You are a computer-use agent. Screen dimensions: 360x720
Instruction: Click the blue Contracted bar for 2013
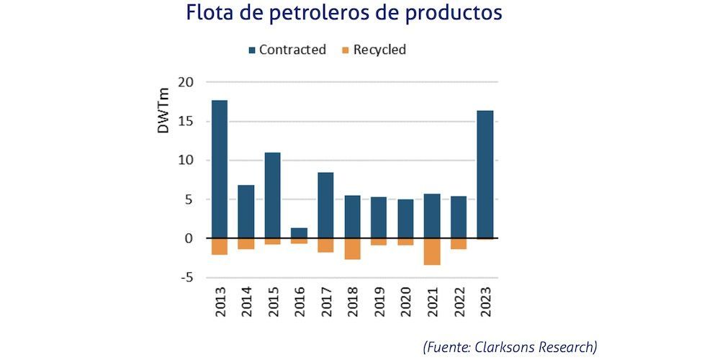tap(219, 169)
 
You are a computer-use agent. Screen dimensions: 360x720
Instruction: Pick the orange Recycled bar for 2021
tap(431, 251)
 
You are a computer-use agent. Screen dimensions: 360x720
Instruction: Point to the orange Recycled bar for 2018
tap(352, 248)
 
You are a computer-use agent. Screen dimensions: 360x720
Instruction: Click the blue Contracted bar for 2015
tap(272, 195)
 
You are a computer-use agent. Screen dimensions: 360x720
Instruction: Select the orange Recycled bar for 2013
tap(219, 246)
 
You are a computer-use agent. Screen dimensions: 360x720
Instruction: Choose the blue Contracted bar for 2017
tap(325, 205)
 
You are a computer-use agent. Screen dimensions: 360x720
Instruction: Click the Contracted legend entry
tap(287, 50)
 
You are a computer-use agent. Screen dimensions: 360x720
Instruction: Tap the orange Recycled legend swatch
tap(345, 50)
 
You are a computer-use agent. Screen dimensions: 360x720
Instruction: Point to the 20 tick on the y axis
tap(186, 82)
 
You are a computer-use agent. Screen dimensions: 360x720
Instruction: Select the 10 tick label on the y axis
tap(186, 160)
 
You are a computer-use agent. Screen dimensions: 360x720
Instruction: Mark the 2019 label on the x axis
tap(379, 302)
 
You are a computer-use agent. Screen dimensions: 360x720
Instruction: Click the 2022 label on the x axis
tap(459, 302)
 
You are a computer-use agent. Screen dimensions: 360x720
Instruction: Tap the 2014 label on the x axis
tap(246, 302)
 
